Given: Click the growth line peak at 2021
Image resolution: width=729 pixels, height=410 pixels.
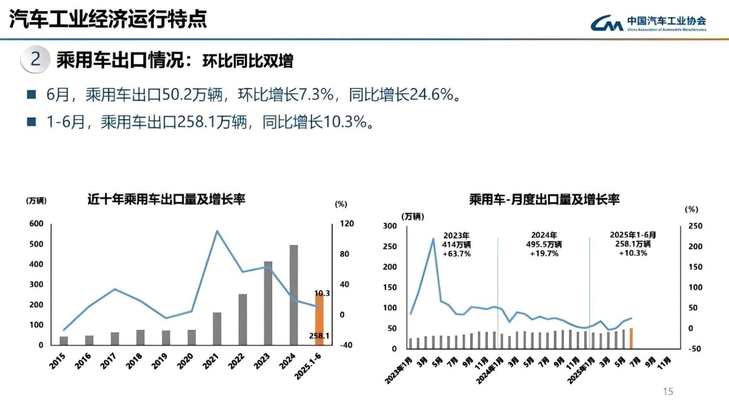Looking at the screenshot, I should click(x=217, y=231).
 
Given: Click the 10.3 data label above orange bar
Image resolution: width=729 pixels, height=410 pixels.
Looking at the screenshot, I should click(x=322, y=293).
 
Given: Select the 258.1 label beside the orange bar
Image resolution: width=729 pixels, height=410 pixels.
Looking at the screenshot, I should click(x=319, y=336).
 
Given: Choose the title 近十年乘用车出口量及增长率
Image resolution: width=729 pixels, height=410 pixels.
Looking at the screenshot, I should click(x=167, y=199).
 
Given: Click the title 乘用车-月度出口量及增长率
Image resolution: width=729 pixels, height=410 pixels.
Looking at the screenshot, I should click(x=544, y=199).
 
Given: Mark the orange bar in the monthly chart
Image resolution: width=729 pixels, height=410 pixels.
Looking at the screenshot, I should click(x=631, y=338).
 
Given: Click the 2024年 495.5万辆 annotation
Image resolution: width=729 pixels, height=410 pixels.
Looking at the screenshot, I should click(x=544, y=244).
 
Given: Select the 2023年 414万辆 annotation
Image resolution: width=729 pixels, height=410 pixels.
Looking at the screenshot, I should click(x=457, y=244).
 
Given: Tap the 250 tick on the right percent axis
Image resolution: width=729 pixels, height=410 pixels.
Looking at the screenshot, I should click(x=695, y=226).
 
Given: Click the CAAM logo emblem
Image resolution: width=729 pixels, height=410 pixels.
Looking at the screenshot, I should click(x=606, y=23).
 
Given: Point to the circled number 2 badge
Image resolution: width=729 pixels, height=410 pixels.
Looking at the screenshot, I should click(x=35, y=59).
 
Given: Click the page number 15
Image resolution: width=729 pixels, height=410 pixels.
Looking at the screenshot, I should click(x=668, y=391).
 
